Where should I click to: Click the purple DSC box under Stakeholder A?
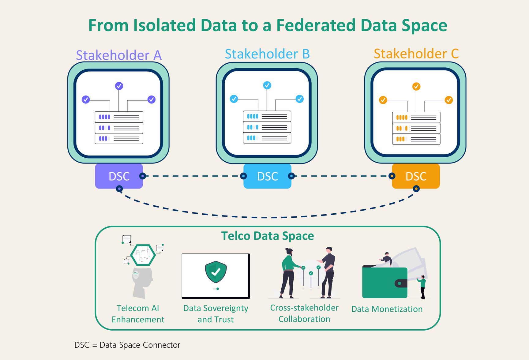119,176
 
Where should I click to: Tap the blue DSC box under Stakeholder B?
267,176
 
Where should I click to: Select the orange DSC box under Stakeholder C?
416,176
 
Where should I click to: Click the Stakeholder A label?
118,55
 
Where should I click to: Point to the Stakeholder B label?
267,54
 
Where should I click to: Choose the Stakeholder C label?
416,54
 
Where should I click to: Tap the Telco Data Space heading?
268,236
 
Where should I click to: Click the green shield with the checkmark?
216,272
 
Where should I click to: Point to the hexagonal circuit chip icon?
143,254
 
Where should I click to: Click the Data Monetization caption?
387,309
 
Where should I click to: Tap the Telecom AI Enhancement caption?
138,314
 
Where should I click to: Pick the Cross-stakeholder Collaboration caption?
304,313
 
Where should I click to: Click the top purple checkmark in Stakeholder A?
119,86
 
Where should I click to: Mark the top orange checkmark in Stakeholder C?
416,86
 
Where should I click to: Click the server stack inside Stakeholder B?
267,127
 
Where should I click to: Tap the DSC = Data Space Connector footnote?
127,345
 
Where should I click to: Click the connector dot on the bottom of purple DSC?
119,189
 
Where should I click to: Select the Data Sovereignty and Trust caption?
216,314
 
